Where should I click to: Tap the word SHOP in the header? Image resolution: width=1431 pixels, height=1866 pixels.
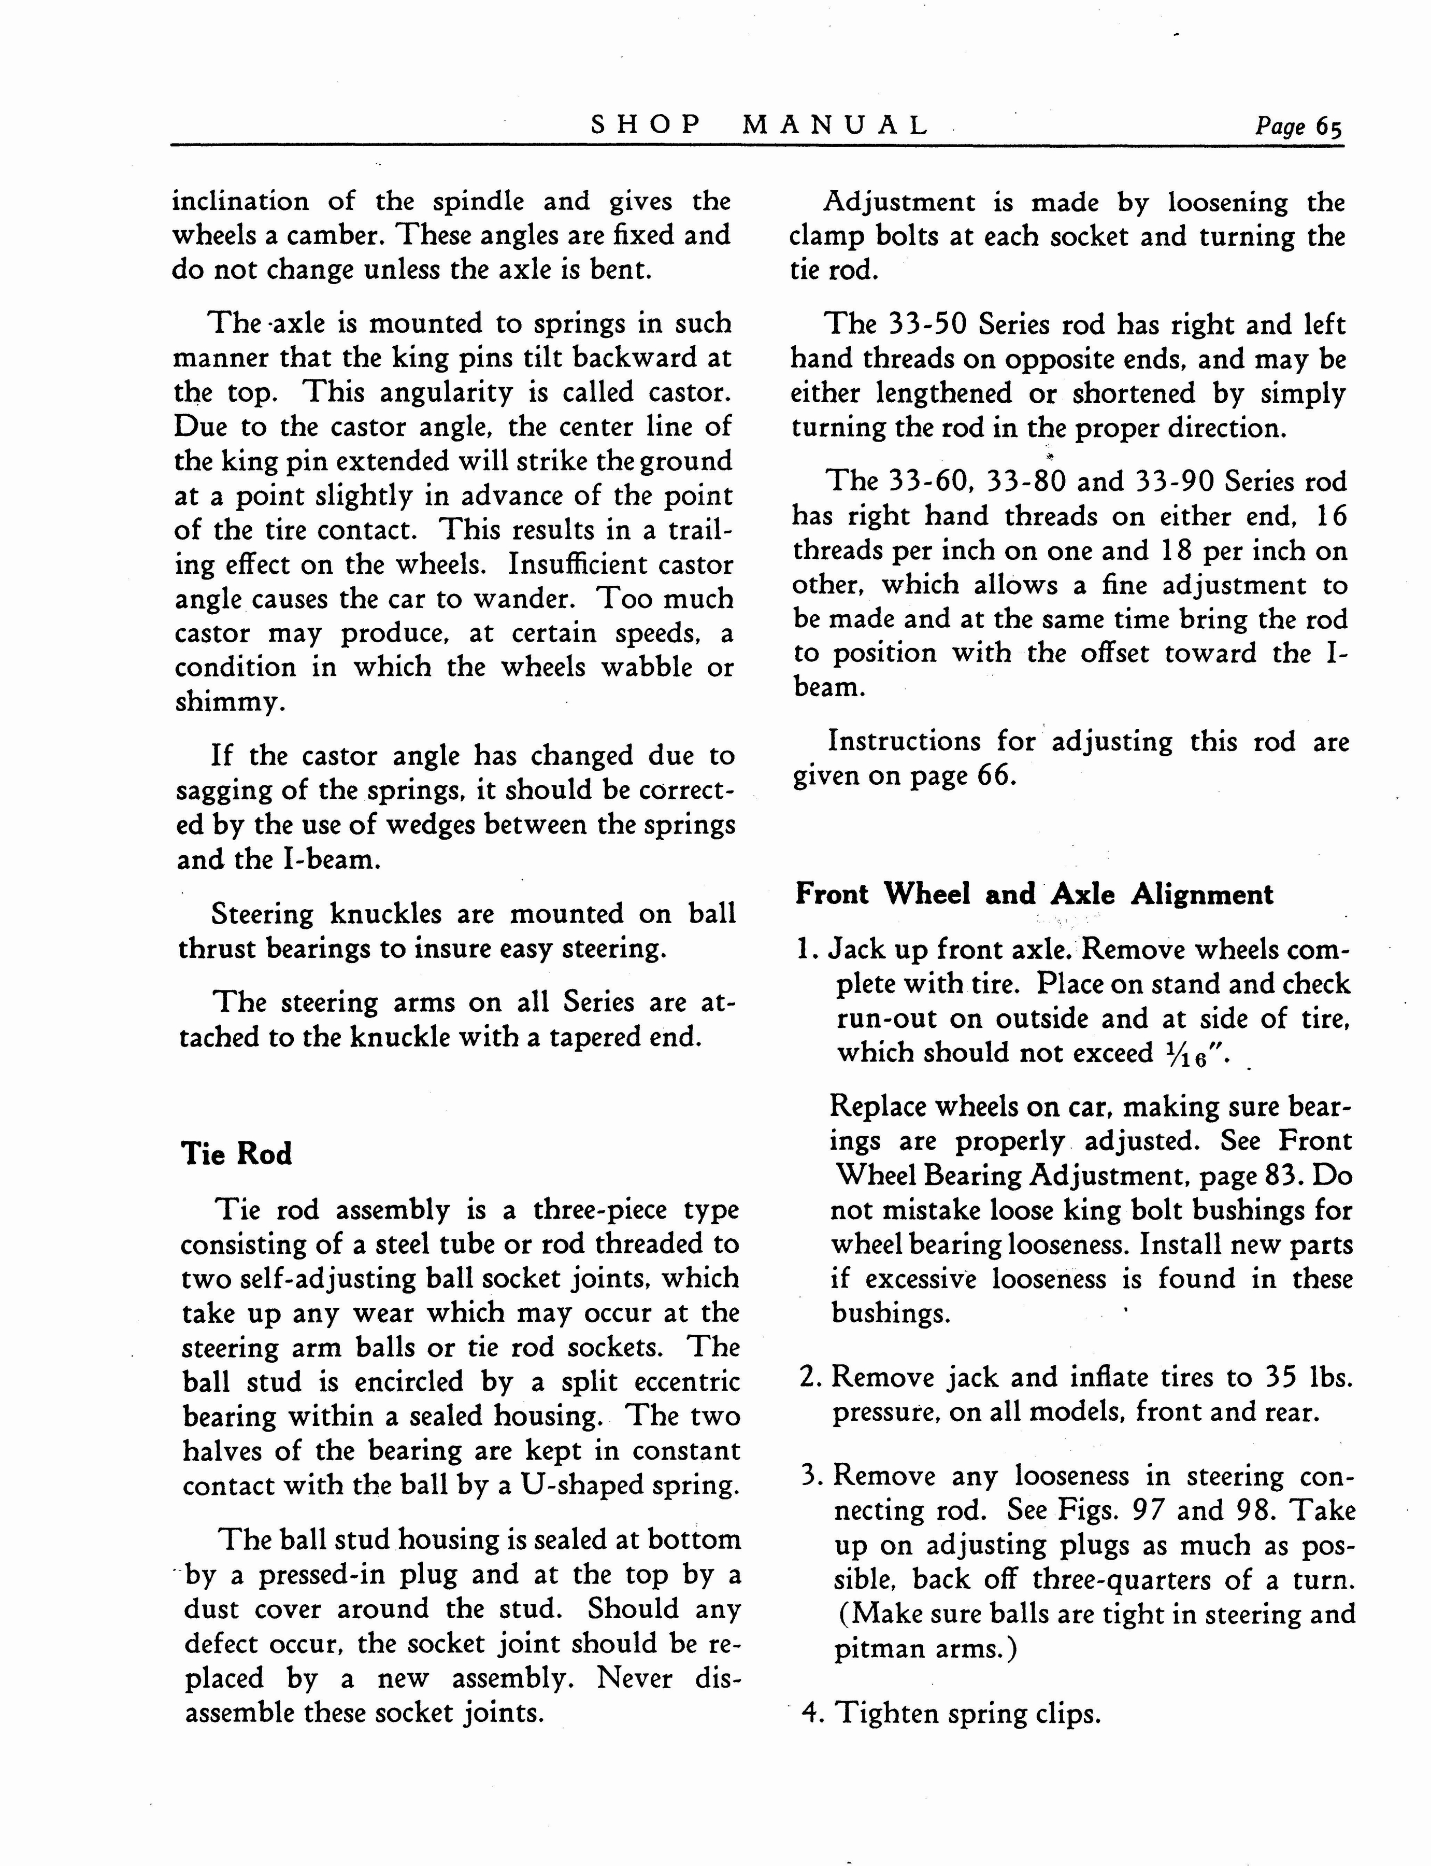click(647, 126)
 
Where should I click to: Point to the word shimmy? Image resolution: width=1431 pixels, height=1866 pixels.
click(227, 702)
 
